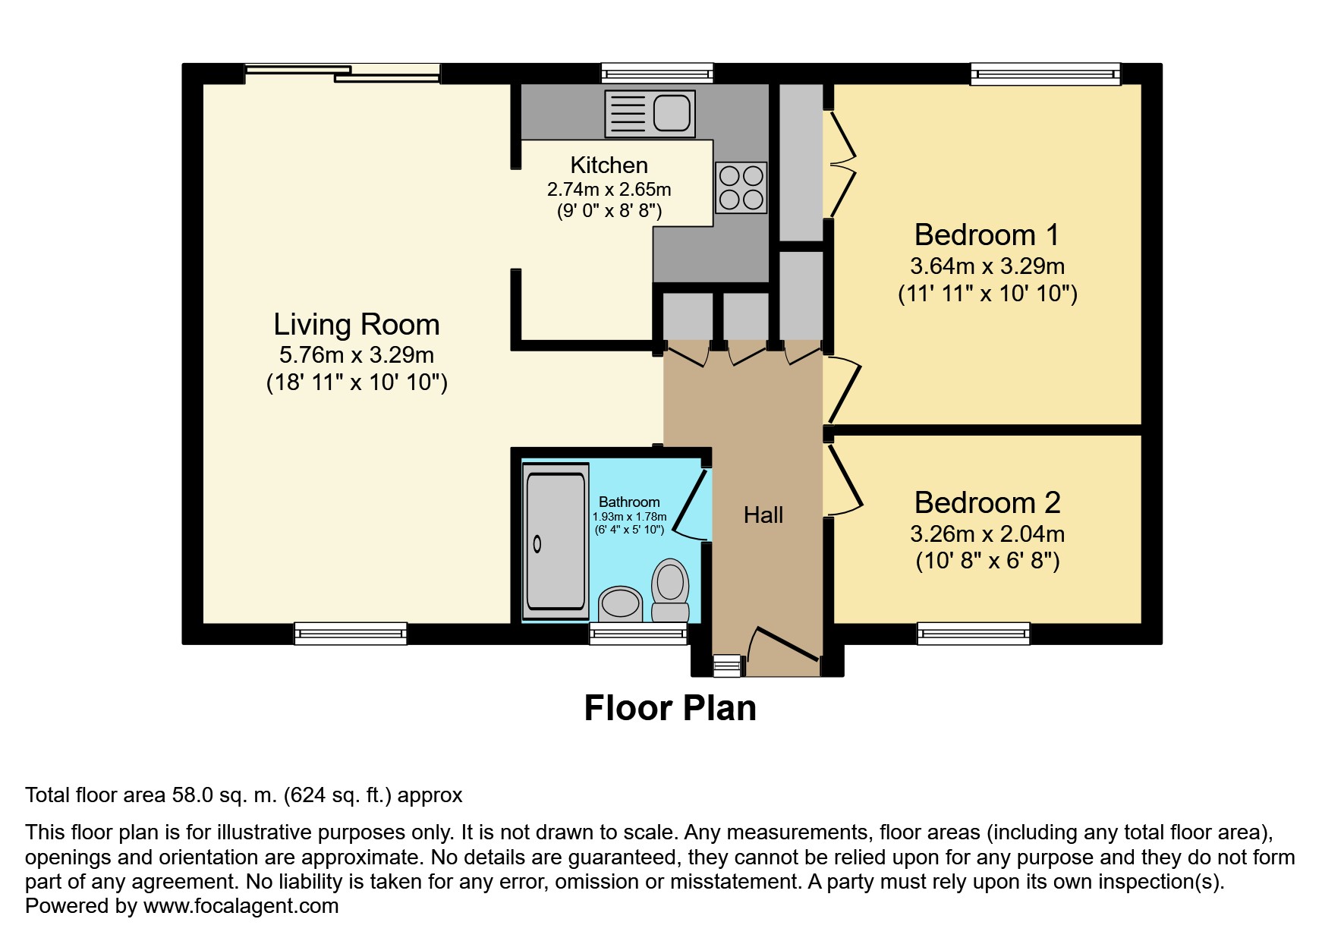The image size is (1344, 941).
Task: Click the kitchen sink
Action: coord(650,114)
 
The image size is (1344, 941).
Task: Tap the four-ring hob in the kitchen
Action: coord(741,187)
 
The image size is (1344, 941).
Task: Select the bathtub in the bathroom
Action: coord(556,541)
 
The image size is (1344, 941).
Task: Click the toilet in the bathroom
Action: coord(670,590)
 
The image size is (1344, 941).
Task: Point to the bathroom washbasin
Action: coord(621,604)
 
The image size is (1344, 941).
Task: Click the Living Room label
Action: coord(357,325)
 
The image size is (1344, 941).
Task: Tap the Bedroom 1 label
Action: coord(987,234)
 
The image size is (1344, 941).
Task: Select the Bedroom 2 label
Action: coord(987,502)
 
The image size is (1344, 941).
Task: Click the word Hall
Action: coord(763,515)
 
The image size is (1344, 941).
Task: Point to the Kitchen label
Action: coord(609,165)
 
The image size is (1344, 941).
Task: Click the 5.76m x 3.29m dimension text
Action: coord(357,354)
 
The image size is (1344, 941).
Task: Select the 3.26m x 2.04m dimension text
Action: coord(987,533)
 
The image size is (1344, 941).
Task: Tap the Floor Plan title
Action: coord(670,708)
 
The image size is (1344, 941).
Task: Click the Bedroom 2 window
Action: coord(974,634)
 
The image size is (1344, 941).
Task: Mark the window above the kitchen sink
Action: coord(657,73)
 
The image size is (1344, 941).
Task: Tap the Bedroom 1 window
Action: coord(1046,73)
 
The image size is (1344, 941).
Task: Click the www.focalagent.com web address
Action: coord(241,906)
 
